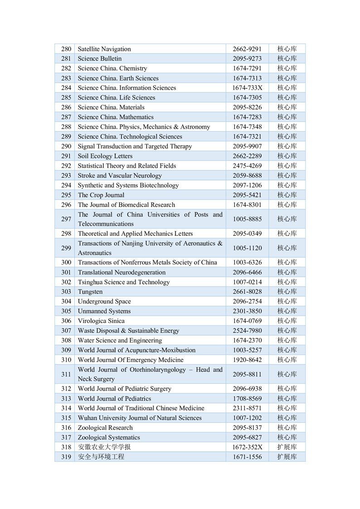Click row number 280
coord(66,49)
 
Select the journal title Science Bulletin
coord(100,59)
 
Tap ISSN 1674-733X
coord(247,88)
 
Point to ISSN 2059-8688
coord(247,176)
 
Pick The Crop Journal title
coord(101,195)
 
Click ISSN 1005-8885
coord(247,219)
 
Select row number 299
coord(66,248)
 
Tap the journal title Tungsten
coord(90,292)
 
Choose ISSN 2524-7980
coord(247,331)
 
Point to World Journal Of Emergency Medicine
coord(131,360)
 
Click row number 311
coord(66,374)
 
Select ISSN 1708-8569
coord(247,398)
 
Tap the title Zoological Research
coord(106,428)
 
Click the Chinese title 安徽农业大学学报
coord(104,447)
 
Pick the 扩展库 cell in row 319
coord(287,457)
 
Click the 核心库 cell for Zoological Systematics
coord(287,437)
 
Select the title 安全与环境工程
coord(101,457)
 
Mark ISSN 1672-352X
coord(247,447)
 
